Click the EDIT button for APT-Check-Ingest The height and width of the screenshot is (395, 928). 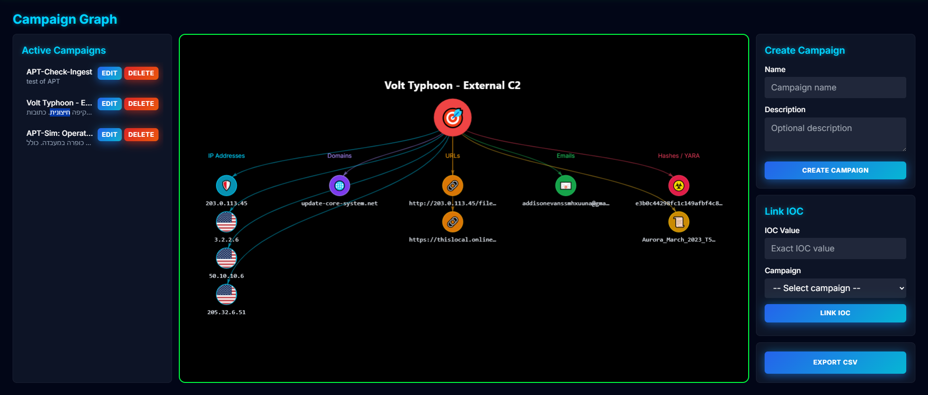point(109,73)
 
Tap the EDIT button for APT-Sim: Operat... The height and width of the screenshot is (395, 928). point(109,134)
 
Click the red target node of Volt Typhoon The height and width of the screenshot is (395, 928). point(452,117)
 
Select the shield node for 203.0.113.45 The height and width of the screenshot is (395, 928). point(226,186)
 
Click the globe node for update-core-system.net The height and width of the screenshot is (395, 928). point(339,186)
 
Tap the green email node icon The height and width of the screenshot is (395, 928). point(565,186)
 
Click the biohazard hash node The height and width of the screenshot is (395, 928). point(679,186)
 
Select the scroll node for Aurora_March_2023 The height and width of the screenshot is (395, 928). point(679,222)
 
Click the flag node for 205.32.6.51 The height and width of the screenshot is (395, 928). point(226,294)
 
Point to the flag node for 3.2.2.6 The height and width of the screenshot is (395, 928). point(226,222)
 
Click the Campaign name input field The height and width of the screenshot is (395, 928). point(835,88)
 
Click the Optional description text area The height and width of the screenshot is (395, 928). point(835,134)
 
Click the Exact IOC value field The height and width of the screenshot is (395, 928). point(835,249)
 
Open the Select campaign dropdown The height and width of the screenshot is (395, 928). point(835,288)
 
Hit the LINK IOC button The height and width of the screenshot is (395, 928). point(835,313)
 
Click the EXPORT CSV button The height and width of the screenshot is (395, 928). point(835,363)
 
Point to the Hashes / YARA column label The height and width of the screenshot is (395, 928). point(679,156)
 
